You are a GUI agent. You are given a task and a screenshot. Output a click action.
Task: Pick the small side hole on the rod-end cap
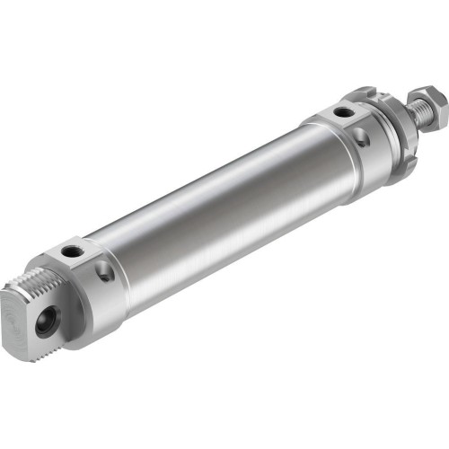click(x=359, y=137)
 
